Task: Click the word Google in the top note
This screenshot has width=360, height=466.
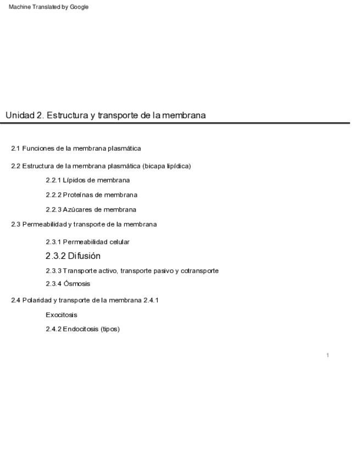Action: click(79, 7)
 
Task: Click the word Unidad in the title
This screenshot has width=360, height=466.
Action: click(20, 115)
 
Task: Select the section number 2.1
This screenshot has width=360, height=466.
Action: click(15, 148)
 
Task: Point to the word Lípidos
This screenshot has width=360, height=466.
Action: click(74, 180)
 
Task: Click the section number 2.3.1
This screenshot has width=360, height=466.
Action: click(53, 242)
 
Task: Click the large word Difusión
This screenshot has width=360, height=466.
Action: click(84, 256)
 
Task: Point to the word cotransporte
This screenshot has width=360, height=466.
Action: click(200, 271)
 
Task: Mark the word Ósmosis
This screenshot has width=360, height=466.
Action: click(77, 284)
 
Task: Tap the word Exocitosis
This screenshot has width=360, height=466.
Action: click(62, 315)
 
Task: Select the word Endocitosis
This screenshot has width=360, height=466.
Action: click(81, 329)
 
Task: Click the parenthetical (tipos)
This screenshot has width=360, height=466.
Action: click(110, 329)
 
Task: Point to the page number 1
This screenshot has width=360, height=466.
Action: click(328, 356)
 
